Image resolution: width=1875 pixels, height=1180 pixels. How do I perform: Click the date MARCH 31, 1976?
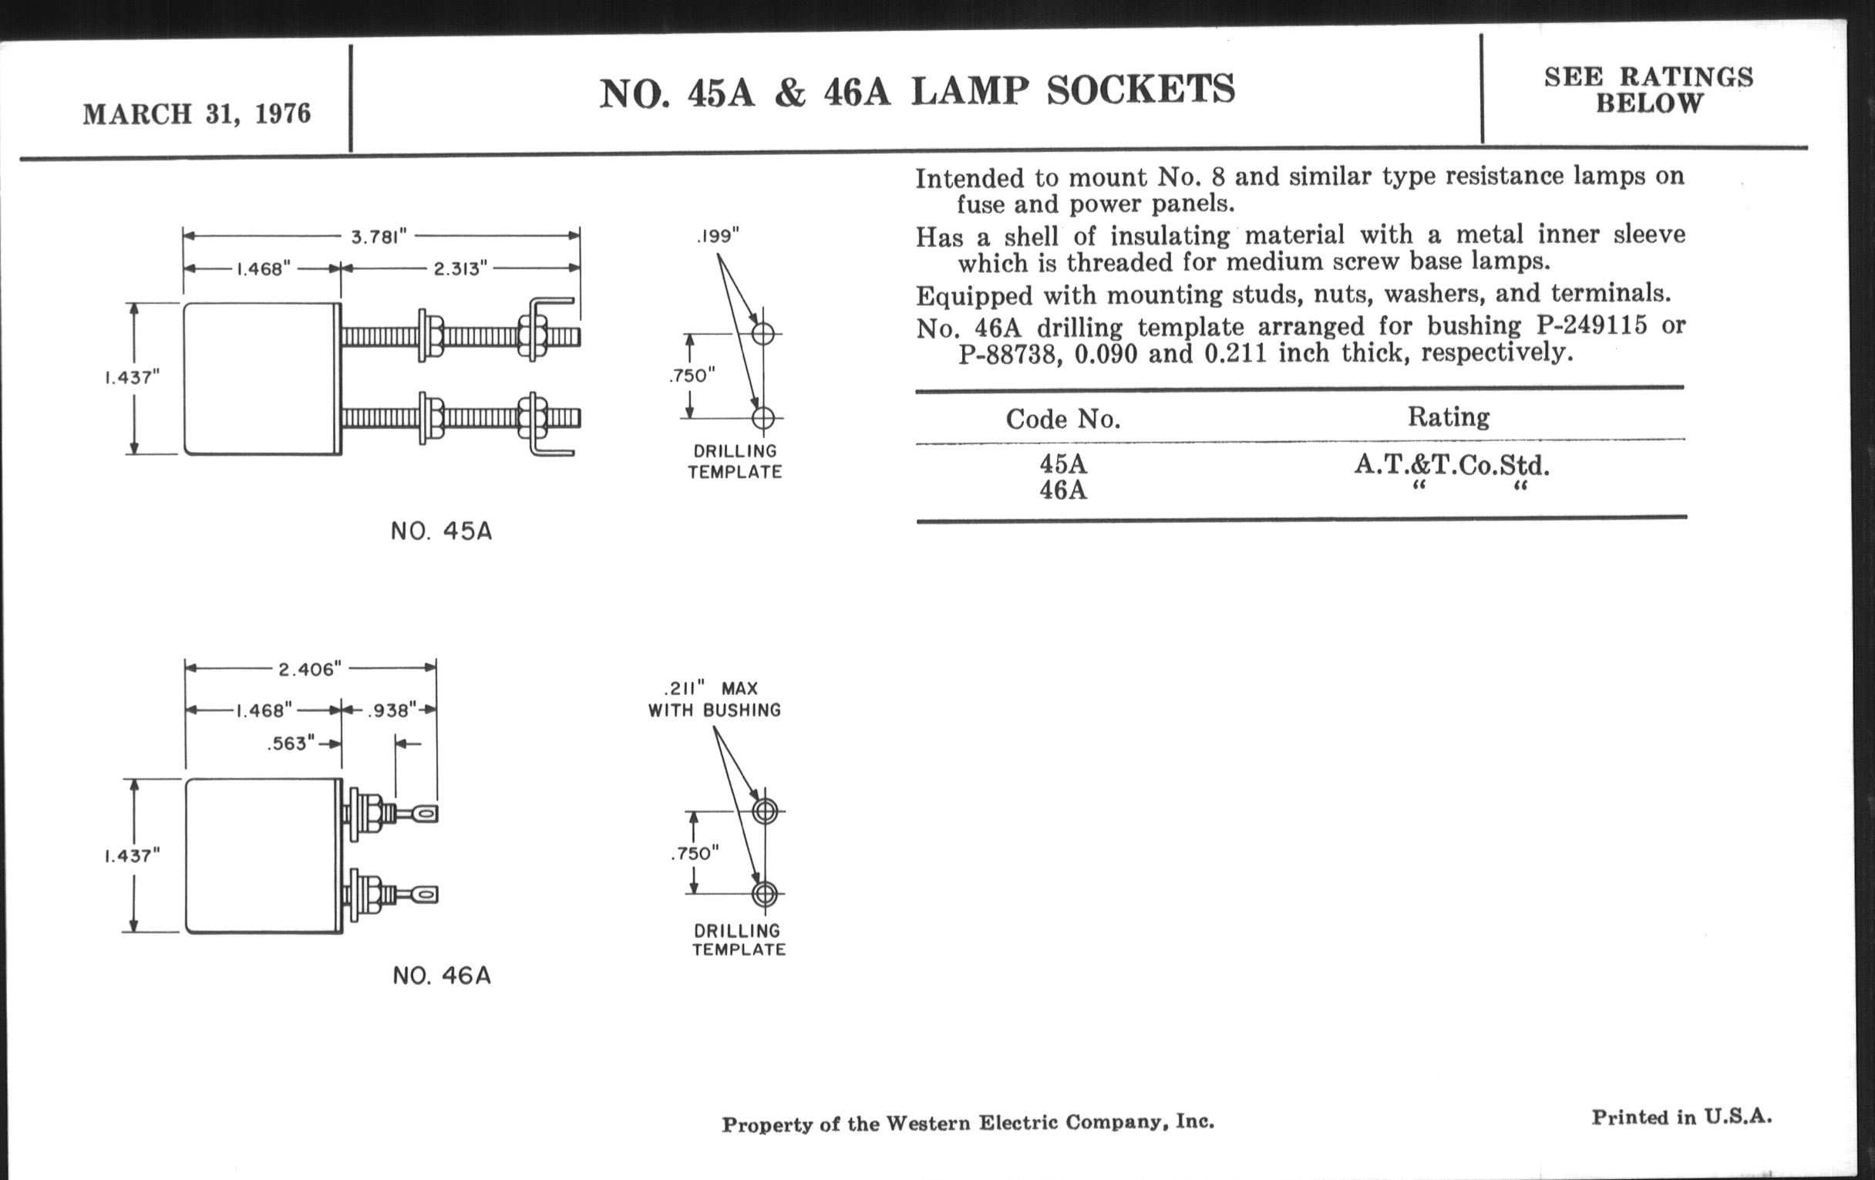pyautogui.click(x=197, y=114)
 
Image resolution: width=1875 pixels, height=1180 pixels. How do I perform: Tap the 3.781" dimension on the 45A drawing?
pyautogui.click(x=379, y=236)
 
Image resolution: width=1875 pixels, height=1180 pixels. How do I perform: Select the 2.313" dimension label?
pyautogui.click(x=460, y=268)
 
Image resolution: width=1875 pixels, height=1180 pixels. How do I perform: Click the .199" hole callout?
pyautogui.click(x=718, y=236)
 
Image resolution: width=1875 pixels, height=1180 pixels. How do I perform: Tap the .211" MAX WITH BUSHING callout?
pyautogui.click(x=714, y=699)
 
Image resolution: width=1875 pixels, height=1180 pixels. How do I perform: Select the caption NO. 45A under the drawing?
pyautogui.click(x=442, y=532)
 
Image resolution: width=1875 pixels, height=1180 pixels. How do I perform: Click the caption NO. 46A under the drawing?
pyautogui.click(x=442, y=976)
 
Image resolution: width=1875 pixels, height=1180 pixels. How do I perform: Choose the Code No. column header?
pyautogui.click(x=1063, y=420)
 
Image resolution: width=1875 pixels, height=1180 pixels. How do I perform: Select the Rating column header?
pyautogui.click(x=1449, y=417)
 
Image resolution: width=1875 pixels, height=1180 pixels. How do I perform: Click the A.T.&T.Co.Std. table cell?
pyautogui.click(x=1452, y=466)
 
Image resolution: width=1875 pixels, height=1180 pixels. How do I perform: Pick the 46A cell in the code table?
pyautogui.click(x=1063, y=491)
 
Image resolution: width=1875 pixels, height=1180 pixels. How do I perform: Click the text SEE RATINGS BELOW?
pyautogui.click(x=1649, y=89)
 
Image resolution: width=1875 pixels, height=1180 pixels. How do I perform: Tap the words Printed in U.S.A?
pyautogui.click(x=1682, y=1117)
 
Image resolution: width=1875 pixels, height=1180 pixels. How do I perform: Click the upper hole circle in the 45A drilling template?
pyautogui.click(x=763, y=333)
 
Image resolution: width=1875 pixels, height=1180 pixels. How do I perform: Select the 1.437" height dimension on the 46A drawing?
pyautogui.click(x=133, y=856)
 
